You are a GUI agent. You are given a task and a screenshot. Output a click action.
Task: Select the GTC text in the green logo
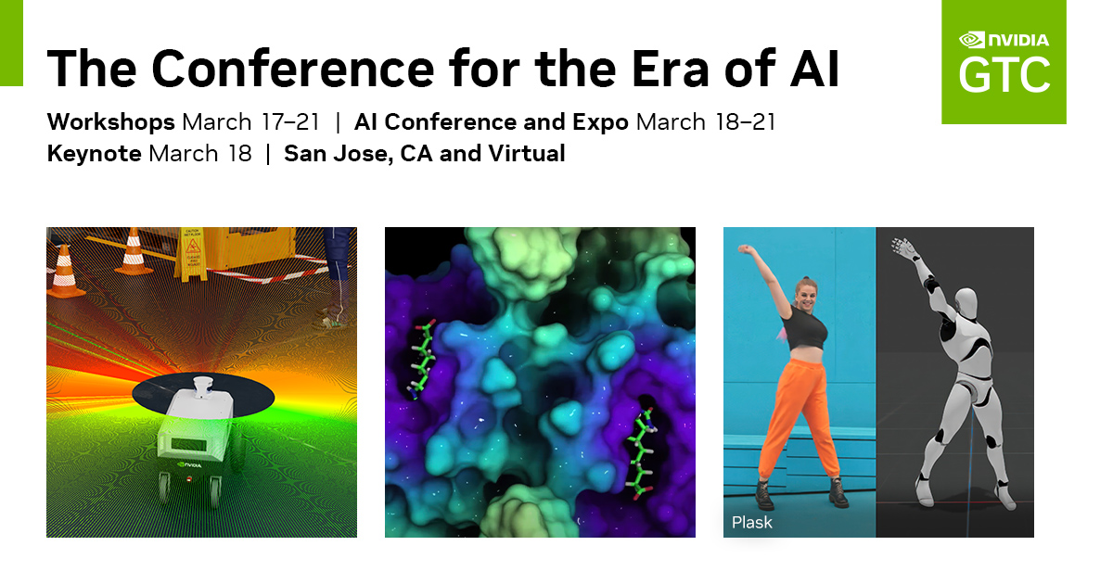click(1004, 75)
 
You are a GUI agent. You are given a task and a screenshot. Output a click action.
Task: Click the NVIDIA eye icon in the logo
click(971, 40)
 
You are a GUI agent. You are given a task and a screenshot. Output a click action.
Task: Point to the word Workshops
click(110, 122)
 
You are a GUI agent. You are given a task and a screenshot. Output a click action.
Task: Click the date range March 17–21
click(251, 122)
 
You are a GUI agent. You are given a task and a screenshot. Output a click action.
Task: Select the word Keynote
click(94, 154)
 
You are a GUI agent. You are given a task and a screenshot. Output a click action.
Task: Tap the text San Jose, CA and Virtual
click(425, 154)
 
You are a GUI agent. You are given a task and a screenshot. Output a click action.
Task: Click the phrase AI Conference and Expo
click(491, 122)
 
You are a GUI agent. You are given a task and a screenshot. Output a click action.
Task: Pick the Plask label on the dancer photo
click(752, 523)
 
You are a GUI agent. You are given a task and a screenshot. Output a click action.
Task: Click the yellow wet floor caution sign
click(192, 254)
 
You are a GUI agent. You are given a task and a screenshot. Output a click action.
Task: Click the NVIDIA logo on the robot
click(189, 465)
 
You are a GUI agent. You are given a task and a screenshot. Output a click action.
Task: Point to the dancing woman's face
click(806, 296)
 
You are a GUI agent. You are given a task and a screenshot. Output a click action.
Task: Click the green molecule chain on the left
click(420, 359)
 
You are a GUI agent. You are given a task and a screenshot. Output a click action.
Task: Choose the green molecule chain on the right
click(642, 453)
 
